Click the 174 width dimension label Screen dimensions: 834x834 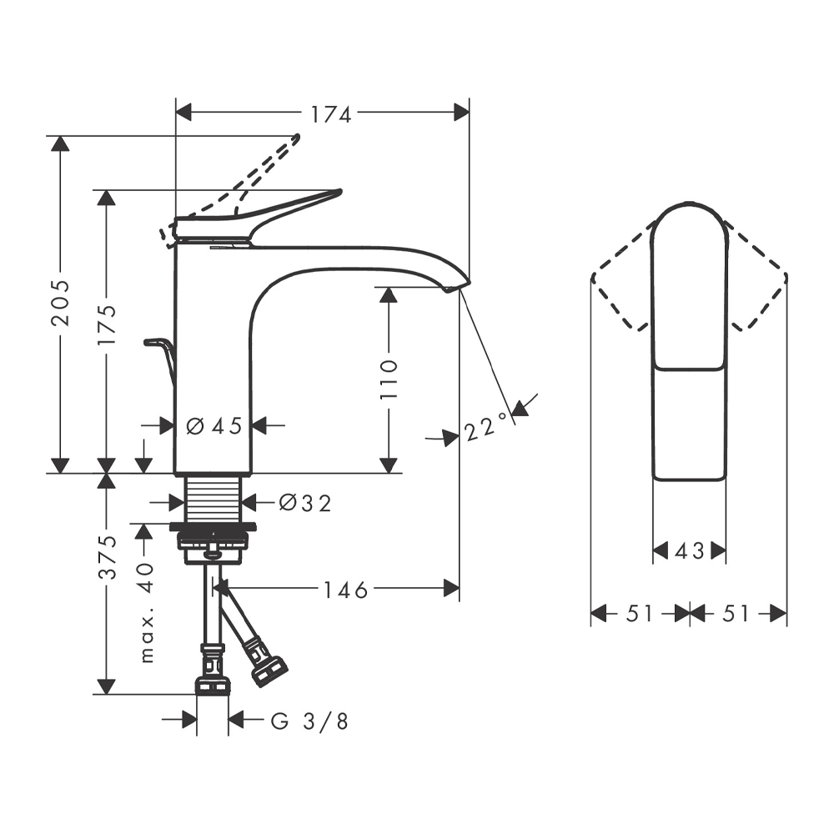330,113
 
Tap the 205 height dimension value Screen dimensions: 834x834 60,303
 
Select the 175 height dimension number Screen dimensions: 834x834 107,324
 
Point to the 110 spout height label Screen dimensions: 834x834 389,379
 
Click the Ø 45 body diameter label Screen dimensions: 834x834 214,425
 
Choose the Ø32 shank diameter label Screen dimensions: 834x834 305,503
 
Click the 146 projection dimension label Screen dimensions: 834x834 346,590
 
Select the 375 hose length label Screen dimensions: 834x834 107,557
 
